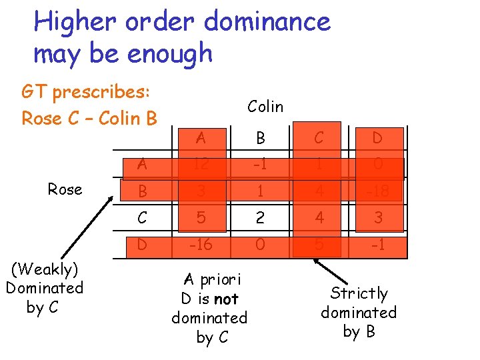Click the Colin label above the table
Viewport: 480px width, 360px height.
[265, 107]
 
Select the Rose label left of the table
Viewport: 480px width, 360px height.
[65, 189]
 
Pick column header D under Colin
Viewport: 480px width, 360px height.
[377, 139]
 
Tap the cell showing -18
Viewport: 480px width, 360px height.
[377, 192]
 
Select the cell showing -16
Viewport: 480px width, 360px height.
[201, 245]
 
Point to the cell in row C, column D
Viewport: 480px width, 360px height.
[377, 218]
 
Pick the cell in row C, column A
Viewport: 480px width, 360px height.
[201, 218]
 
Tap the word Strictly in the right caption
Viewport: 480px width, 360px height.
[359, 293]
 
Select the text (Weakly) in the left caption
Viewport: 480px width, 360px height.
[44, 269]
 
